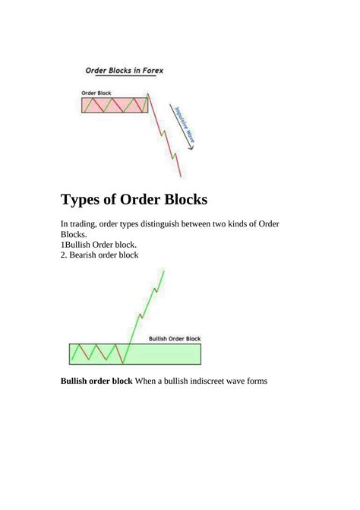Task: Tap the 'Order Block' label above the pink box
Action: [x=96, y=93]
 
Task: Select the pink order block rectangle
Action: [x=114, y=105]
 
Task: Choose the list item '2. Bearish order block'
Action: [x=99, y=256]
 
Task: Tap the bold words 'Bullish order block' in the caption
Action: [x=96, y=381]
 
